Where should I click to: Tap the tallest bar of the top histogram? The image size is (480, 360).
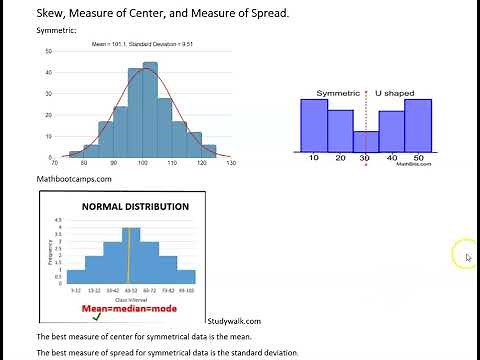tap(150, 110)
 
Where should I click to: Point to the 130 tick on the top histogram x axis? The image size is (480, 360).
tap(231, 162)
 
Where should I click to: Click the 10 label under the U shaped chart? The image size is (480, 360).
tap(314, 158)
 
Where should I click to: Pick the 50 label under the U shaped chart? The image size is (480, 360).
tap(418, 158)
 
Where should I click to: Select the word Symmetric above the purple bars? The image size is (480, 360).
tap(338, 93)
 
